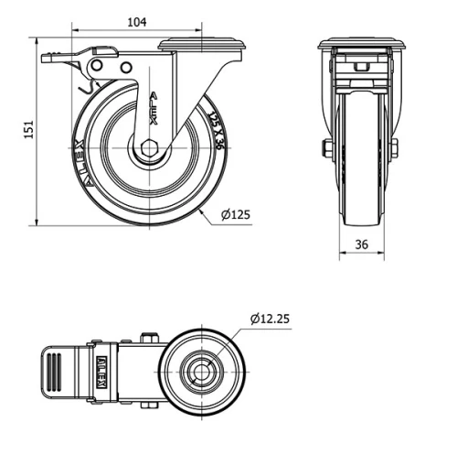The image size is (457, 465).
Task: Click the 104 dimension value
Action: tap(135, 22)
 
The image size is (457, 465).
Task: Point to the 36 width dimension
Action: tap(362, 244)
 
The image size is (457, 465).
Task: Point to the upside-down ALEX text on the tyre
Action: tap(80, 159)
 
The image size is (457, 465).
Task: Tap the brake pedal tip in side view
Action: tap(48, 59)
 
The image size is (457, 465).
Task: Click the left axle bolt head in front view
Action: tap(325, 148)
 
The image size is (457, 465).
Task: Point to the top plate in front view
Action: tap(361, 44)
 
